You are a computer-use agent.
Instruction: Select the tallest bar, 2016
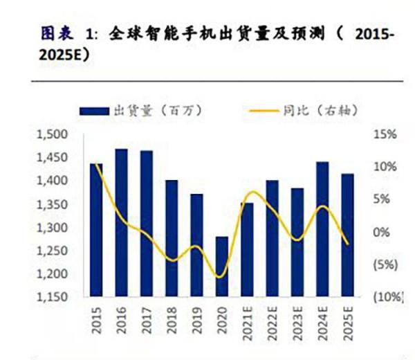pos(121,222)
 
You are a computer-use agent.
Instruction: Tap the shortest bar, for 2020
pos(221,267)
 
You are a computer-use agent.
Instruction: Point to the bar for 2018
pos(171,238)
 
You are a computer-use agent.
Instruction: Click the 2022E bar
pos(272,238)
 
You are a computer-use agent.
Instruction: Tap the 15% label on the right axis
pos(386,134)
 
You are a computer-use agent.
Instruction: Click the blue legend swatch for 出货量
pos(93,111)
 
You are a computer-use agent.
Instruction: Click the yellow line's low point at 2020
pos(221,277)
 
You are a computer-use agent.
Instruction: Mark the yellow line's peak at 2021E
pos(253,192)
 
